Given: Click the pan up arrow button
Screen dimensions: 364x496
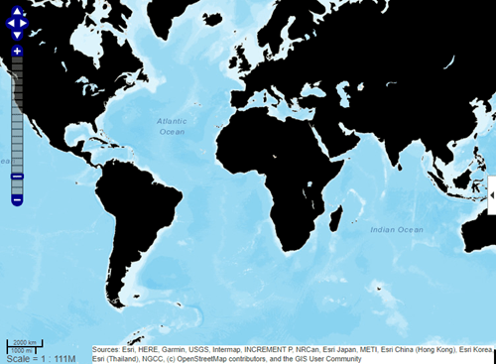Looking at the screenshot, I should pos(17,9).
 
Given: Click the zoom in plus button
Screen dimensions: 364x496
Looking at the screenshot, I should pos(17,50).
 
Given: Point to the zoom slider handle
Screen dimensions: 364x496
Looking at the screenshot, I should pos(17,176).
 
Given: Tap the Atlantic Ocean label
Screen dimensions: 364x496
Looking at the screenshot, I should pos(172,126).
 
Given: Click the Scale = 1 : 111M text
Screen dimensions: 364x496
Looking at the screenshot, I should pos(44,357).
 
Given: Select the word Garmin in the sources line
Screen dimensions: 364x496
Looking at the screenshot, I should pos(176,349).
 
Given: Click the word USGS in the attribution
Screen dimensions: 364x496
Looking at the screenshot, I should pos(207,349).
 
